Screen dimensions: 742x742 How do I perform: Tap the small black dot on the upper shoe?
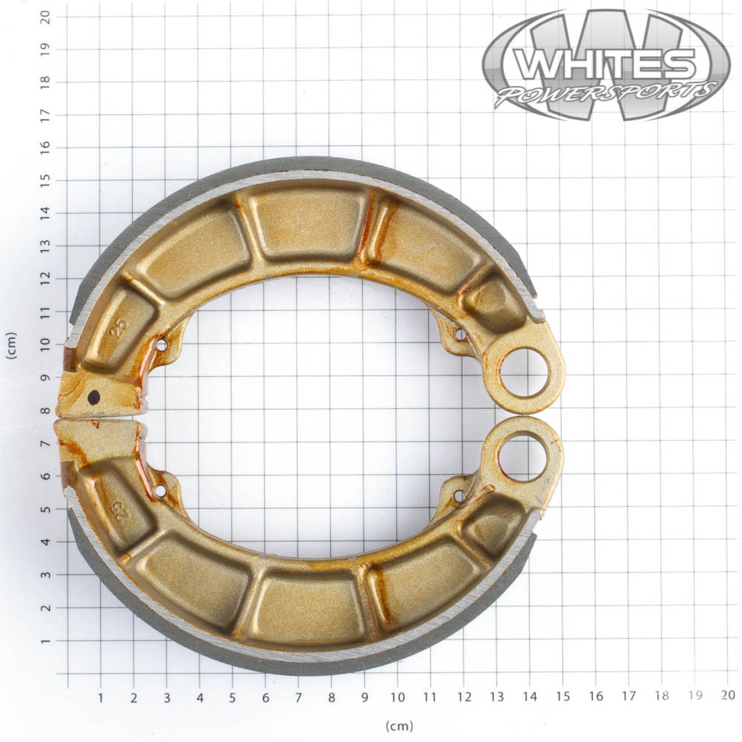coord(94,396)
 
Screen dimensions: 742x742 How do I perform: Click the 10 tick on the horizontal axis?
coord(397,697)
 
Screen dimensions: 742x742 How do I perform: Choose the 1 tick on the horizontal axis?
coord(101,697)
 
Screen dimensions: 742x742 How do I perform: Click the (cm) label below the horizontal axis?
coord(399,726)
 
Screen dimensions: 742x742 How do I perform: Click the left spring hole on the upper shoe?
coord(163,345)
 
